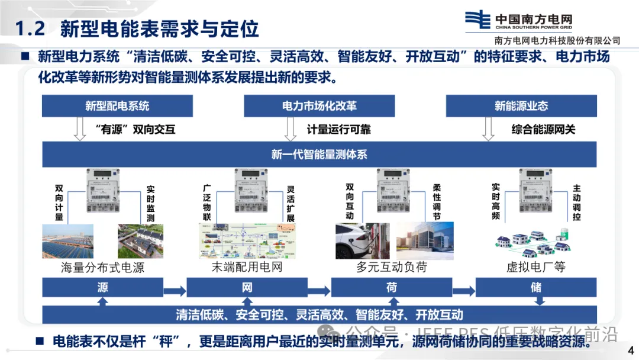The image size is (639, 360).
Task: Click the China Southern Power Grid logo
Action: [x=476, y=20]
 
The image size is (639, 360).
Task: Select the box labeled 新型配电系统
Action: [x=117, y=106]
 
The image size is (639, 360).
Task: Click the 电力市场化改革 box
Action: [x=319, y=106]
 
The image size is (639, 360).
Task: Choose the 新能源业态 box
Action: [x=521, y=106]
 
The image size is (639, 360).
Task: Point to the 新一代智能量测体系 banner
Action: [x=319, y=155]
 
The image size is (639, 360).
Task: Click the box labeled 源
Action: [x=103, y=288]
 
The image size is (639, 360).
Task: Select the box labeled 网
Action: [x=247, y=288]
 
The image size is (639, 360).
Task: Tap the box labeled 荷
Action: [x=391, y=288]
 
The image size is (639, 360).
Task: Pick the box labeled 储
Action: [x=536, y=288]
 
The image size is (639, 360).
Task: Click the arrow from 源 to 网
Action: [x=175, y=290]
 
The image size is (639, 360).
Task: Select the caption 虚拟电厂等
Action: [x=536, y=267]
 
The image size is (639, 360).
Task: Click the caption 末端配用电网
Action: [x=247, y=267]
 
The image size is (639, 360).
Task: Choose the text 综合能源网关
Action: [x=543, y=129]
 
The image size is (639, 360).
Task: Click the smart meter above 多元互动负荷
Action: [x=392, y=189]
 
